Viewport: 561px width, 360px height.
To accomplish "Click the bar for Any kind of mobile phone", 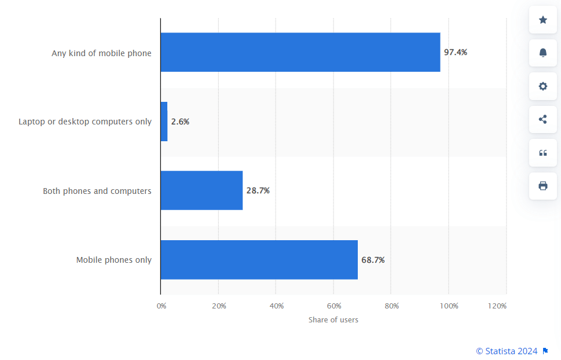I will pos(300,52).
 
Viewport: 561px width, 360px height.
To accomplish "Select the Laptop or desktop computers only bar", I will pos(164,122).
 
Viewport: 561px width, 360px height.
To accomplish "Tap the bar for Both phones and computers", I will pos(201,190).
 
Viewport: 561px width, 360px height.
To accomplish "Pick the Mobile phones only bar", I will pos(259,260).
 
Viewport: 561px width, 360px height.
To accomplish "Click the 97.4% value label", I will pos(456,52).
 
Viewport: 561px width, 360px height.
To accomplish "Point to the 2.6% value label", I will pos(180,122).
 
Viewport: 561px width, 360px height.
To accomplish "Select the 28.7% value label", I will pos(258,190).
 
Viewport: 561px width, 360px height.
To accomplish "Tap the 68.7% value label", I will pos(373,260).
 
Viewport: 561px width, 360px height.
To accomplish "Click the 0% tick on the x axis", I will pos(162,306).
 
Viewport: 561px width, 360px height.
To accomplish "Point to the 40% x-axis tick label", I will pos(276,306).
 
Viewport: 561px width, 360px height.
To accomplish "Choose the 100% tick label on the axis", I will pos(449,306).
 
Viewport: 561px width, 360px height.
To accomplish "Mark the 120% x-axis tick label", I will pos(497,306).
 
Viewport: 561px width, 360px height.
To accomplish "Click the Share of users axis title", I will pos(333,320).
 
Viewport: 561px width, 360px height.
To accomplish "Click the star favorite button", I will pos(543,20).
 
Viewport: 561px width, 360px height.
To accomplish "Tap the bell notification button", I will pos(543,53).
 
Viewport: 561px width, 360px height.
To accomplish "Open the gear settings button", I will pos(543,86).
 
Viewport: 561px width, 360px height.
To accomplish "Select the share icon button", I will pos(543,119).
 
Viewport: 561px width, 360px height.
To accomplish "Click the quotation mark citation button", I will pos(543,153).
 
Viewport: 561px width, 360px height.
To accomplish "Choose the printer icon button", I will pos(543,186).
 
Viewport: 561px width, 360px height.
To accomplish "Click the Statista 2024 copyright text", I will pos(507,351).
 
